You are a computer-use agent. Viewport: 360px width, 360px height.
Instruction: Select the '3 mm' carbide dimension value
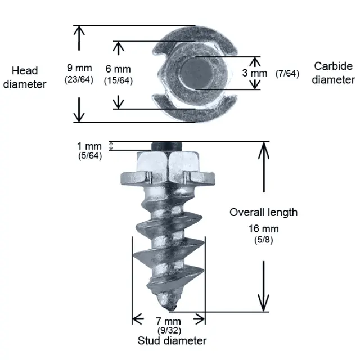[x=255, y=73]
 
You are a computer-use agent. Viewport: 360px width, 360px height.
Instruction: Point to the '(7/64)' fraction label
[x=287, y=73]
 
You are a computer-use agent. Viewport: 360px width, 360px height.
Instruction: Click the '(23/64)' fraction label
[x=79, y=79]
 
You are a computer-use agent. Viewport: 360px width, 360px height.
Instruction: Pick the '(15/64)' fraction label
[x=118, y=80]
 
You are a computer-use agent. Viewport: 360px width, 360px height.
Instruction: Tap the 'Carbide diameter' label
[x=334, y=73]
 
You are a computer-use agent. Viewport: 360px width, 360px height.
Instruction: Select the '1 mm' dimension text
[x=89, y=146]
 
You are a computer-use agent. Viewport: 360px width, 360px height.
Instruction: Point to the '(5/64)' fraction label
[x=90, y=155]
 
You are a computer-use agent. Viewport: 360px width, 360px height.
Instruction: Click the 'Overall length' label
[x=263, y=212]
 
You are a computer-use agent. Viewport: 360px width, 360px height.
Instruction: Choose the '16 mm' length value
[x=263, y=229]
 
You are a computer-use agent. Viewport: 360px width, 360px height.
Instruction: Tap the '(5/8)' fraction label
[x=263, y=240]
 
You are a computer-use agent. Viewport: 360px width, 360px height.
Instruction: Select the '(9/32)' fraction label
[x=168, y=330]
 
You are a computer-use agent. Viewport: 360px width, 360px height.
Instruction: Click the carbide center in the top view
[x=196, y=73]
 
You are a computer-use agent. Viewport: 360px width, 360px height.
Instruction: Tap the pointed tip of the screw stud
[x=173, y=307]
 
